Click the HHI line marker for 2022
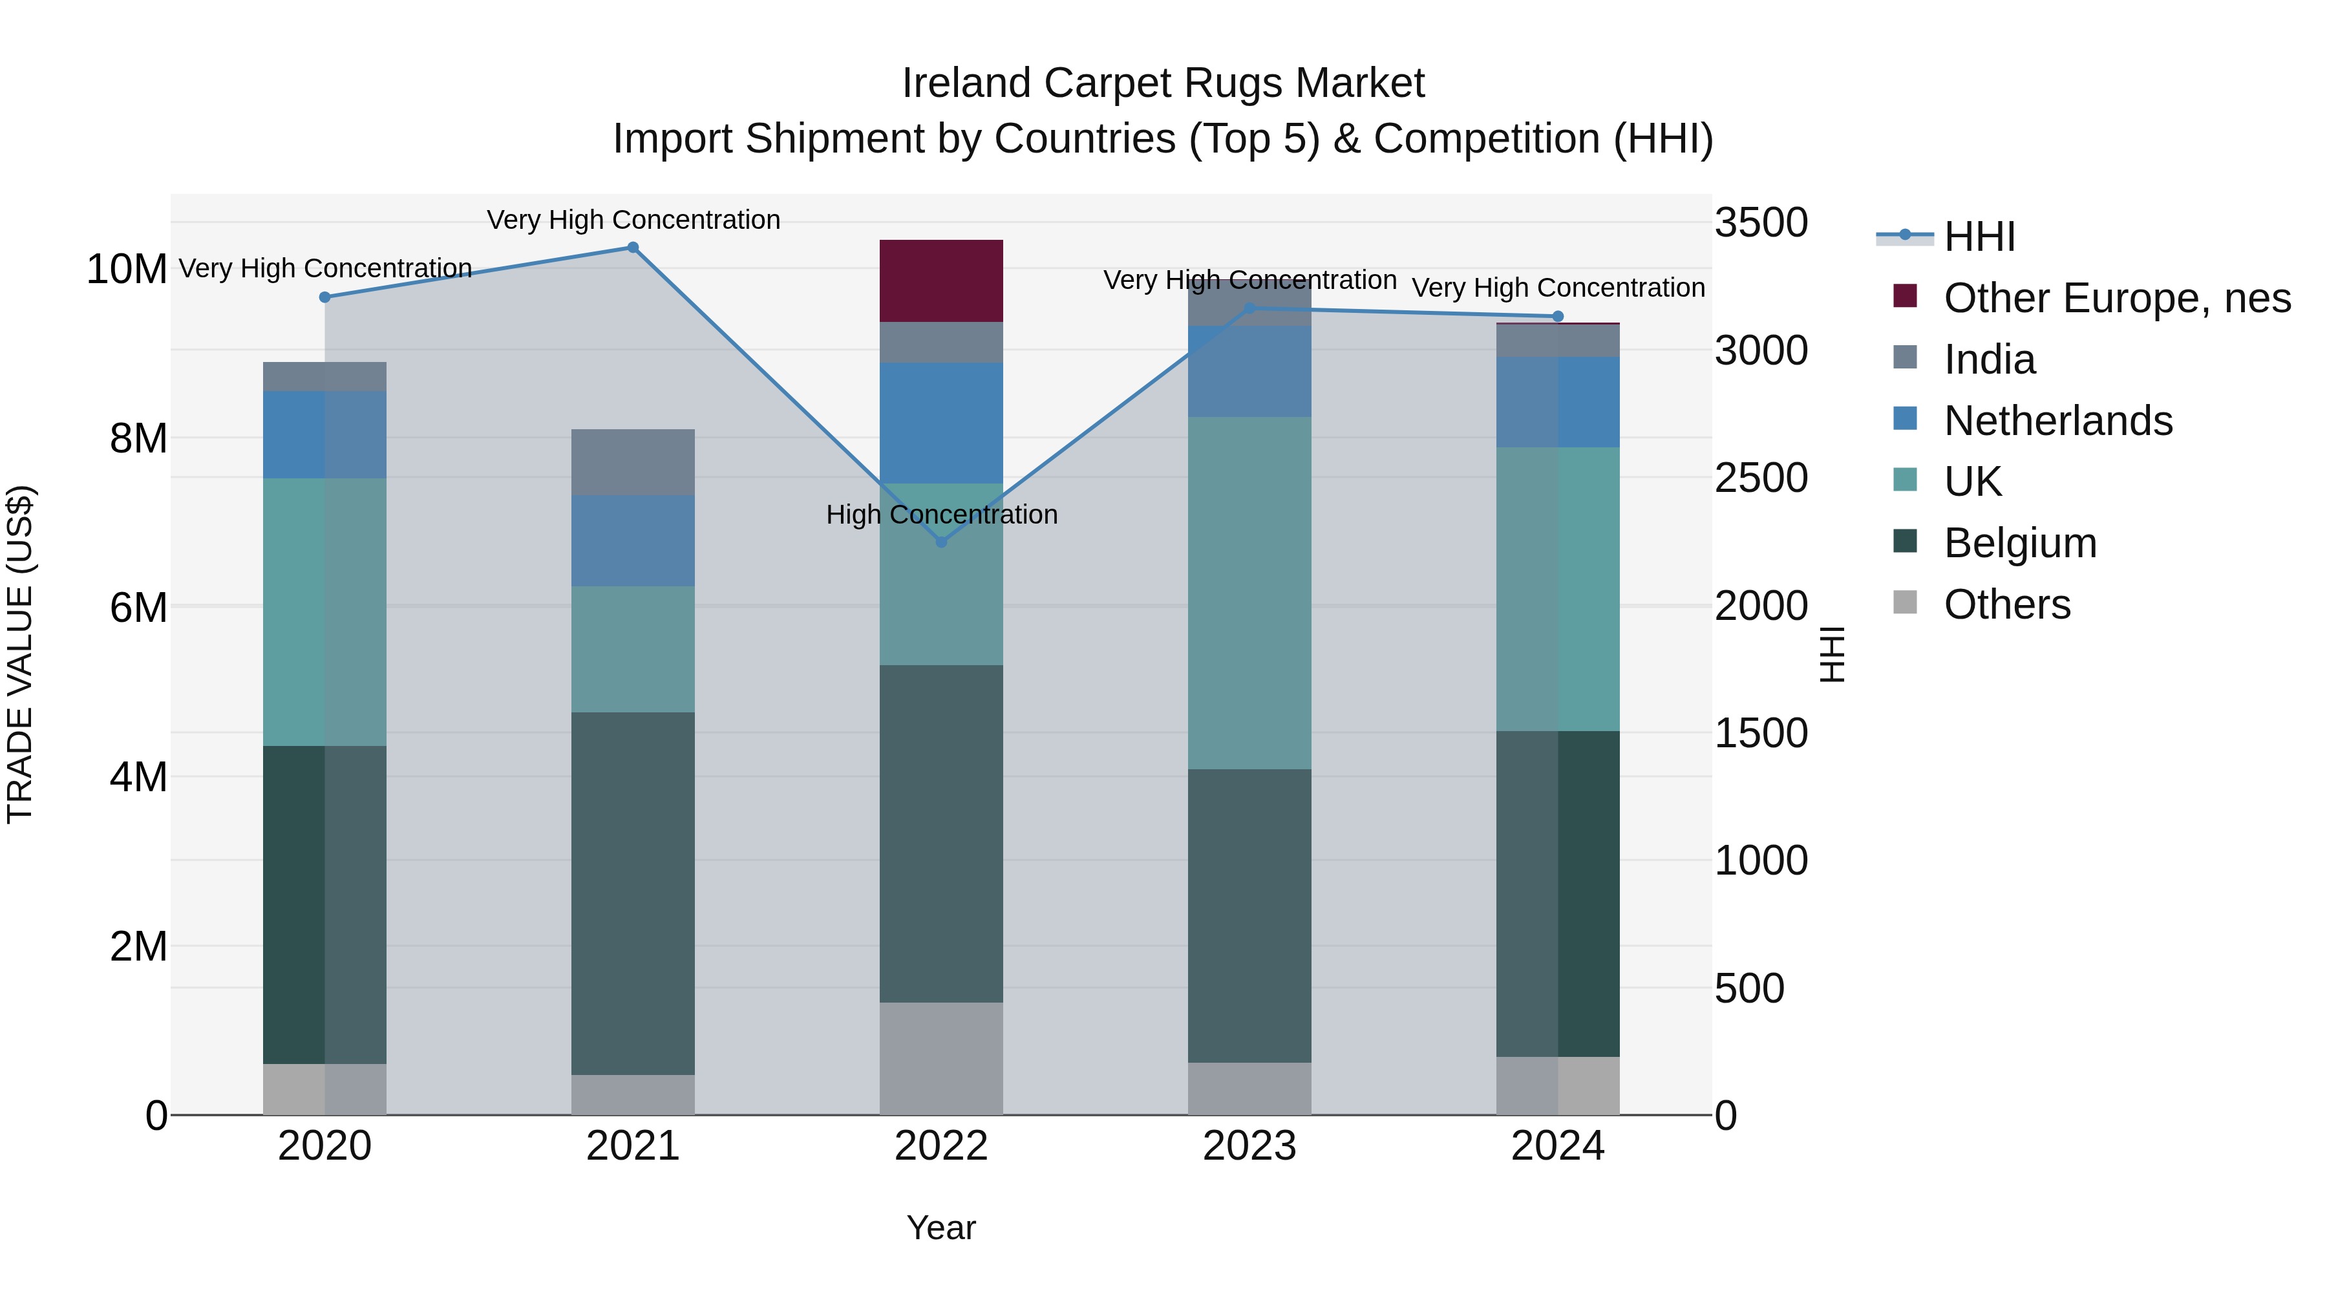pos(941,542)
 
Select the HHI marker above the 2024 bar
pos(1557,316)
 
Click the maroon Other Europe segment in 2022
pos(941,281)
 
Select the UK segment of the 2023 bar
pos(1249,593)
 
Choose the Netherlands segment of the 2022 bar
pos(941,423)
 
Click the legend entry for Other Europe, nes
pos(2116,298)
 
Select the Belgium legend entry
pos(2020,543)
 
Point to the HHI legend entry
pos(1979,237)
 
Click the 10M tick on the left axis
pos(127,269)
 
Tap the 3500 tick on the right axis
pos(1761,223)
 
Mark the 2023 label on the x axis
pos(1249,1146)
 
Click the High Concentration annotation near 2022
pos(941,514)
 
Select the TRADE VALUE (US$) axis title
pos(20,654)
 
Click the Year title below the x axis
pos(941,1228)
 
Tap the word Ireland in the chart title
pos(966,83)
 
